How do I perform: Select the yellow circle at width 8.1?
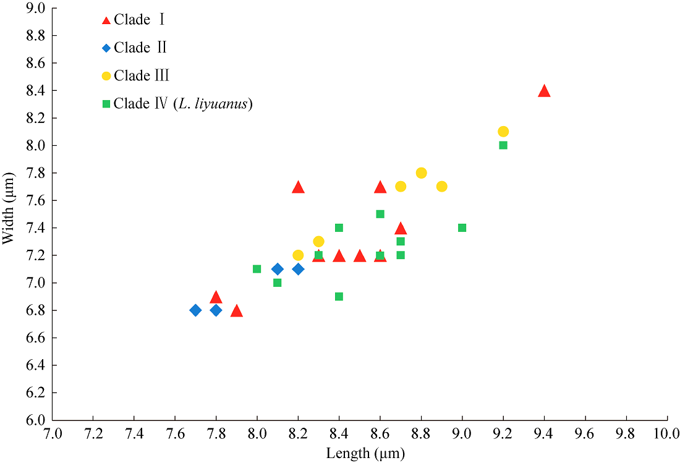[x=503, y=131]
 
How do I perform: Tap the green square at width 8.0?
[x=503, y=145]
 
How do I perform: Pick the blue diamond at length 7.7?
[x=195, y=310]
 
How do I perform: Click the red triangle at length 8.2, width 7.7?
[x=298, y=187]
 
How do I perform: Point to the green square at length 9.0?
[x=462, y=227]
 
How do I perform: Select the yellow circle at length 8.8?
[x=421, y=173]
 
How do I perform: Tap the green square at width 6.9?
[x=339, y=297]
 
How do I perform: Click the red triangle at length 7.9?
[x=236, y=311]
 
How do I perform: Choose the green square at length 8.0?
[x=257, y=269]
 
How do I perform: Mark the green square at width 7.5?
[x=380, y=214]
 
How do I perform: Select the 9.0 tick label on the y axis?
[x=36, y=9]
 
